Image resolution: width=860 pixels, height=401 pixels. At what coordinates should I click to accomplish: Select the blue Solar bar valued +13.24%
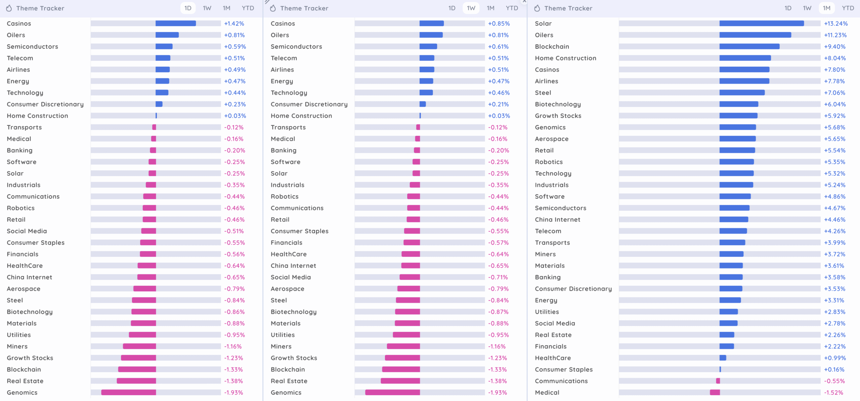(x=761, y=24)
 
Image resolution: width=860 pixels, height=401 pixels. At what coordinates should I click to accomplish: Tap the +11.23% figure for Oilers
(x=835, y=35)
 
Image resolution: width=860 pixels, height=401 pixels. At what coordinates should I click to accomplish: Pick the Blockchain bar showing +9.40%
(x=749, y=46)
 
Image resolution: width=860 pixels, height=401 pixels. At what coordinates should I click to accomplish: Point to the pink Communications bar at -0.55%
(x=718, y=381)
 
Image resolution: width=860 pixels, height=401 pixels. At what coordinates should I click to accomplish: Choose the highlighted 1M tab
(x=826, y=8)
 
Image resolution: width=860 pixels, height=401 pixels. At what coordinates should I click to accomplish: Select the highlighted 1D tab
(x=188, y=8)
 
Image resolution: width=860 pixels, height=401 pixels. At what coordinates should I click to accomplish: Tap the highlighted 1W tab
(x=471, y=8)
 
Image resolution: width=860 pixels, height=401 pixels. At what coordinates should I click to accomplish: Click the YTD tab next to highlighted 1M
(x=848, y=8)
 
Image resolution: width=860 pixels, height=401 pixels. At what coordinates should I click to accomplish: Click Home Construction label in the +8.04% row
(x=565, y=58)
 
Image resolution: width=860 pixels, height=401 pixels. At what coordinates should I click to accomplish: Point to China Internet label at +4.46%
(x=557, y=219)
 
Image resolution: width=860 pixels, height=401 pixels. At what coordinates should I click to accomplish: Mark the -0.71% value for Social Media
(x=498, y=277)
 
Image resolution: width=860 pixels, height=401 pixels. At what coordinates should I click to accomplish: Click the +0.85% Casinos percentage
(x=499, y=24)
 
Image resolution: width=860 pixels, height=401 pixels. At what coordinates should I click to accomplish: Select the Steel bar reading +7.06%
(x=742, y=92)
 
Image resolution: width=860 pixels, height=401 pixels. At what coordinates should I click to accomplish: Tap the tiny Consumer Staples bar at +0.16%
(x=720, y=369)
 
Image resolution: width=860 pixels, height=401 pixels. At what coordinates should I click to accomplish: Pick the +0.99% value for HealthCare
(x=834, y=358)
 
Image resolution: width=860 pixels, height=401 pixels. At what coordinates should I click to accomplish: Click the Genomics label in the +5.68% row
(x=550, y=127)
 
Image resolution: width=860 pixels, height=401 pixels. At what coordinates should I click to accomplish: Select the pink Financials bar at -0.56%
(x=148, y=254)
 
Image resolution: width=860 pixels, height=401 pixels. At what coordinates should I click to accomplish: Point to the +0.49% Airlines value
(x=234, y=70)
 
